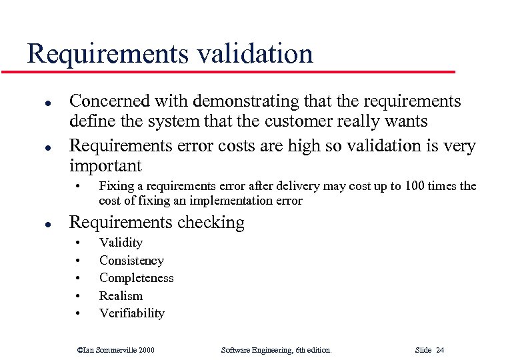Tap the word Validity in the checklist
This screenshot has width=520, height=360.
121,243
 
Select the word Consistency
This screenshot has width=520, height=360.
131,261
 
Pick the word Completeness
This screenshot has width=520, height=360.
136,278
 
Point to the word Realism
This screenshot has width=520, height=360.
121,295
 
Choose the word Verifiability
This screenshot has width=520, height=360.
131,313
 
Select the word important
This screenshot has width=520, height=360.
105,165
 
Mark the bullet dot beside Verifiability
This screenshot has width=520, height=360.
78,314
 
